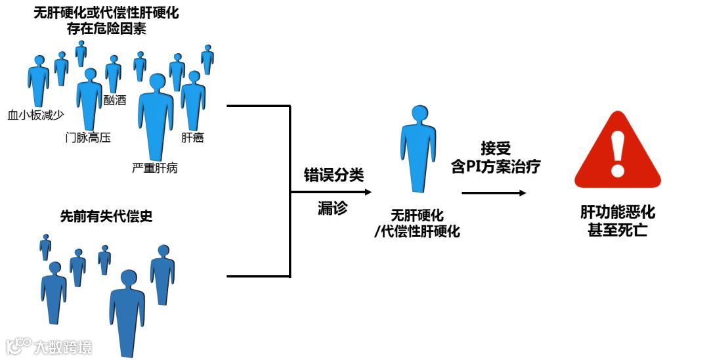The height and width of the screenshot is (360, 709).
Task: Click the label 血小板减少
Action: coord(35,116)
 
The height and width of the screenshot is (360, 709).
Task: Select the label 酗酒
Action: coord(115,100)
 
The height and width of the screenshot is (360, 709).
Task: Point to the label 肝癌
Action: coord(192,138)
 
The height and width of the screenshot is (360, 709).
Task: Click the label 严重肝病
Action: coord(155,169)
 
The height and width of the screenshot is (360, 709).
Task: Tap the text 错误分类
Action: coord(333,175)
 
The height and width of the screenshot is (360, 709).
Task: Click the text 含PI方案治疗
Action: coord(496,167)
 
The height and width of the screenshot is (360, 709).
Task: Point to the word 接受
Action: coord(496,148)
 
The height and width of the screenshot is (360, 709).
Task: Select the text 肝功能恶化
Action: coord(618,213)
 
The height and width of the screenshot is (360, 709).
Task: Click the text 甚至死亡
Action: coord(618,231)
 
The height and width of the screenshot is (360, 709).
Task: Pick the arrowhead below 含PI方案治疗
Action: coord(522,192)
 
